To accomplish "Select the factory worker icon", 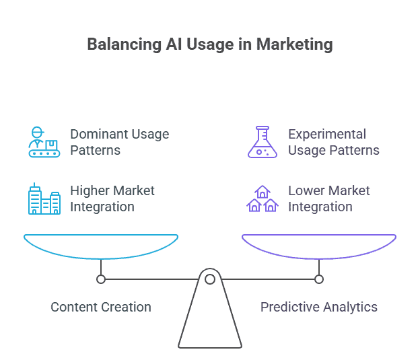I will point(44,142).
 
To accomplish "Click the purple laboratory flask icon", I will point(262,142).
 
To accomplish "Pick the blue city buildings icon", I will point(44,199).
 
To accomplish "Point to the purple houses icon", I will point(262,199).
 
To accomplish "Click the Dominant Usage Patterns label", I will point(119,142).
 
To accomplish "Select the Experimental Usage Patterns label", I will point(333,142).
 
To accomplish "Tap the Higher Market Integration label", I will point(112,199).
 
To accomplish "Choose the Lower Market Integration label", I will point(328,199).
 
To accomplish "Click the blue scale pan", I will point(101,246).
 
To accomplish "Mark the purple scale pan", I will point(319,246).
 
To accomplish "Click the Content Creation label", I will point(101,307).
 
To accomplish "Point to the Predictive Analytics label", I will point(319,307).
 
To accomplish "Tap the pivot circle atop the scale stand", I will point(210,279).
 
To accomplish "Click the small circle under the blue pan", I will point(101,279).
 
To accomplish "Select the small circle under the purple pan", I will point(319,279).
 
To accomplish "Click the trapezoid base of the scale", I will point(210,323).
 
